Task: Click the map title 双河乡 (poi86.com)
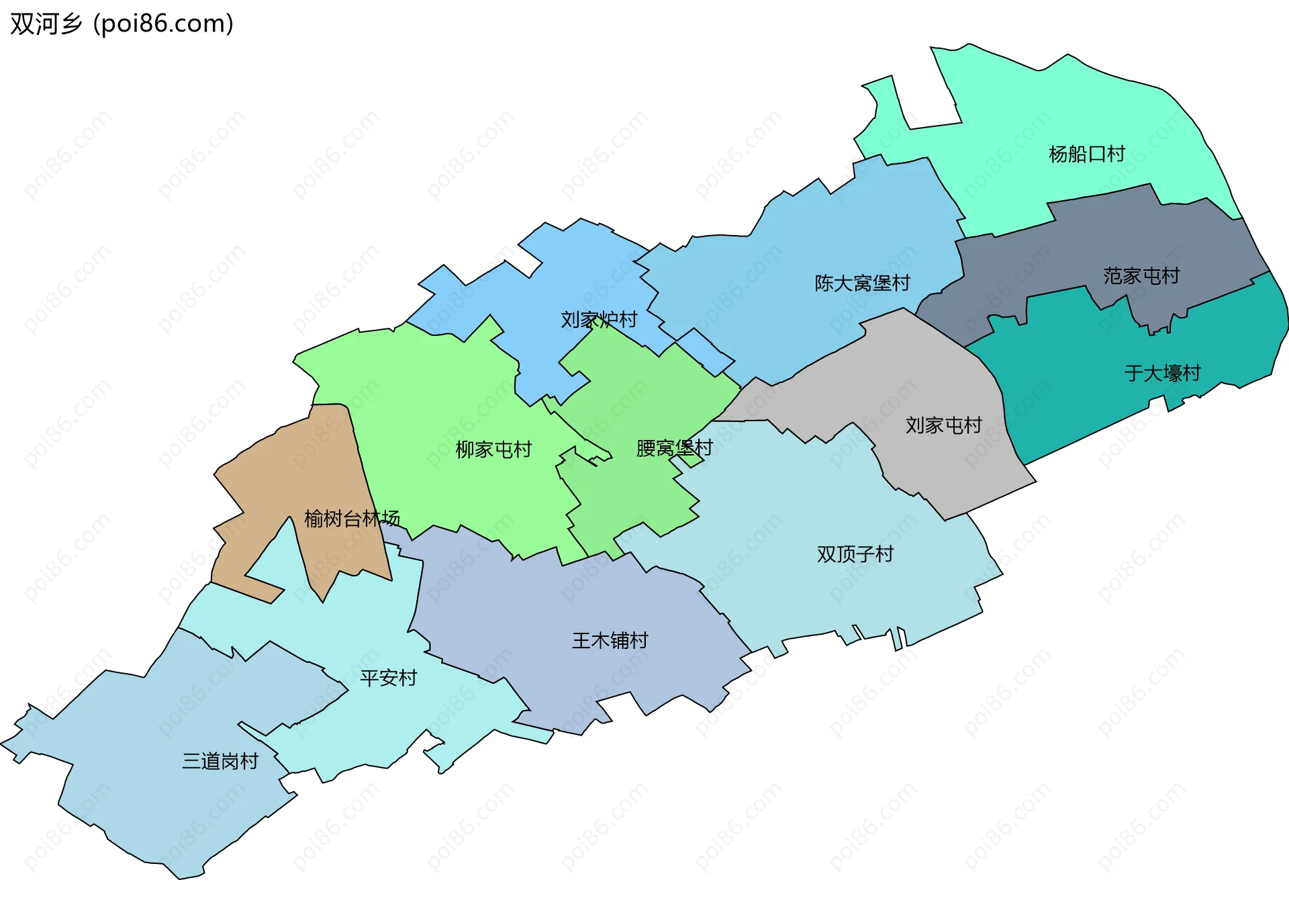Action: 122,24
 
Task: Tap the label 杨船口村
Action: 1086,154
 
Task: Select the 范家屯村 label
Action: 1141,275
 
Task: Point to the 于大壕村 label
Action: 1162,373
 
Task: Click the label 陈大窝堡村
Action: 862,283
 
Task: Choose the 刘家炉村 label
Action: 599,319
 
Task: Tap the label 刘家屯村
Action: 943,425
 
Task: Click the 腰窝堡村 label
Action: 674,447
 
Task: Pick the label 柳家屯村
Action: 493,449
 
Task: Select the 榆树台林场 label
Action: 352,518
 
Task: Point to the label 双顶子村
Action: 855,554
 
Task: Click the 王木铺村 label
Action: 610,640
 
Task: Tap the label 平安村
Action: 388,678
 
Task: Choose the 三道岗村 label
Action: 220,760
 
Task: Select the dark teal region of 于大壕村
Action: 1088,403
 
